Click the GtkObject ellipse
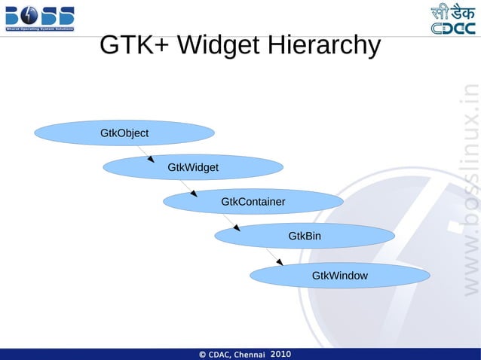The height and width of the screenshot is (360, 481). coord(124,133)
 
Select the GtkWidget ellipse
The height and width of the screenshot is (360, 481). coord(193,167)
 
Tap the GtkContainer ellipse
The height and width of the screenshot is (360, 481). coord(253,202)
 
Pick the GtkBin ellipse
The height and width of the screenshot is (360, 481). coord(305,236)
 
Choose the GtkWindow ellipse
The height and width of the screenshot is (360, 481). coord(340,276)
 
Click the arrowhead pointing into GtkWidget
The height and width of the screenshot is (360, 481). coord(152,160)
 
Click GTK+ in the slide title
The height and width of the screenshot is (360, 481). coord(133,46)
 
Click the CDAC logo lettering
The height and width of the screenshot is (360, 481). coord(452,28)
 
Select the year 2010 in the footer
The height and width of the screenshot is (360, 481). coord(280,353)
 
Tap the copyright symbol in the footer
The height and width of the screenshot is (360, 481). coord(203,354)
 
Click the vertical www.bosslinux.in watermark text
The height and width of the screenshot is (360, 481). coord(469,188)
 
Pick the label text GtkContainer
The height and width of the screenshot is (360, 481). coord(253,202)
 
